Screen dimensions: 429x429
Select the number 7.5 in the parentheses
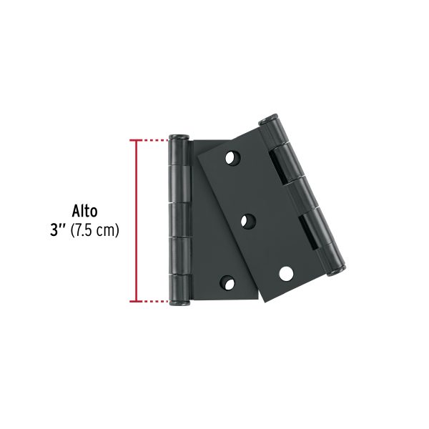tap(87, 231)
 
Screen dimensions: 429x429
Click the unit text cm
tap(107, 231)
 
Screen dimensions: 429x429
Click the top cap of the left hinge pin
tap(178, 137)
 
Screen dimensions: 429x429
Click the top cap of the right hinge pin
tap(270, 119)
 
